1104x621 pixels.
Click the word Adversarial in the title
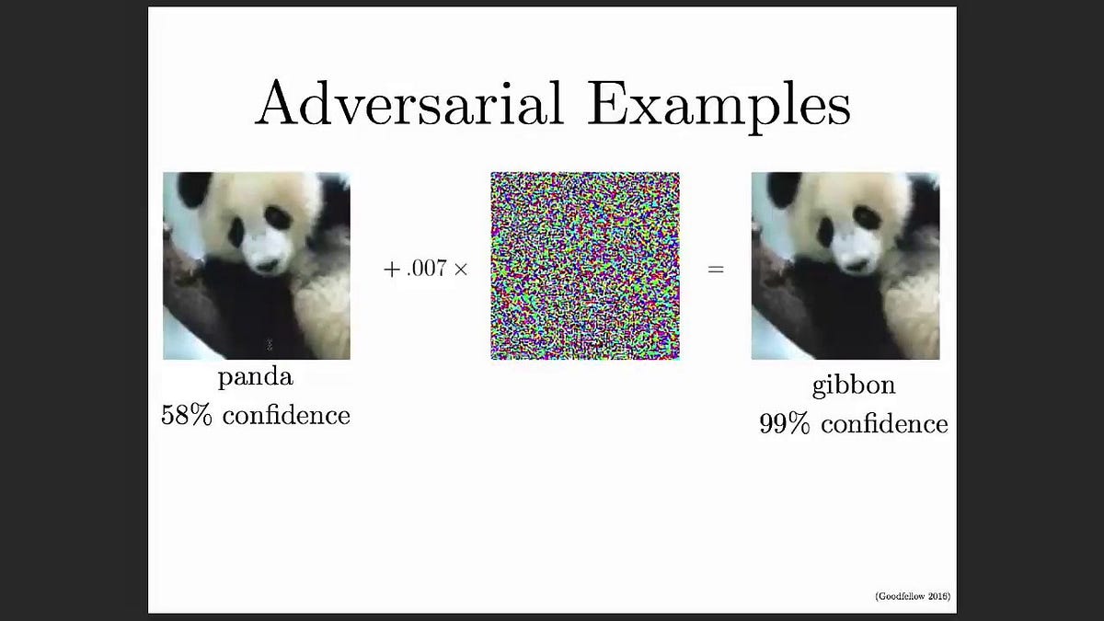tap(409, 103)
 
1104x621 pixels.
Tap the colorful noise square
tap(585, 265)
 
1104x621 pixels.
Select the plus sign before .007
tap(390, 270)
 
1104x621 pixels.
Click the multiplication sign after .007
tap(461, 270)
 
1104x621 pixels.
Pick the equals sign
tap(716, 270)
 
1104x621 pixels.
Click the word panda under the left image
tap(256, 378)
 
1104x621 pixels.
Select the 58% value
tap(187, 414)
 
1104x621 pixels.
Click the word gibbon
tap(853, 385)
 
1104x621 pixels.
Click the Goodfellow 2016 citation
tap(913, 597)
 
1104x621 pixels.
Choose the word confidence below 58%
tap(286, 415)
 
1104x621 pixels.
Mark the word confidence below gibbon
tap(884, 423)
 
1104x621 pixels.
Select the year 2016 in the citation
tap(937, 597)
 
